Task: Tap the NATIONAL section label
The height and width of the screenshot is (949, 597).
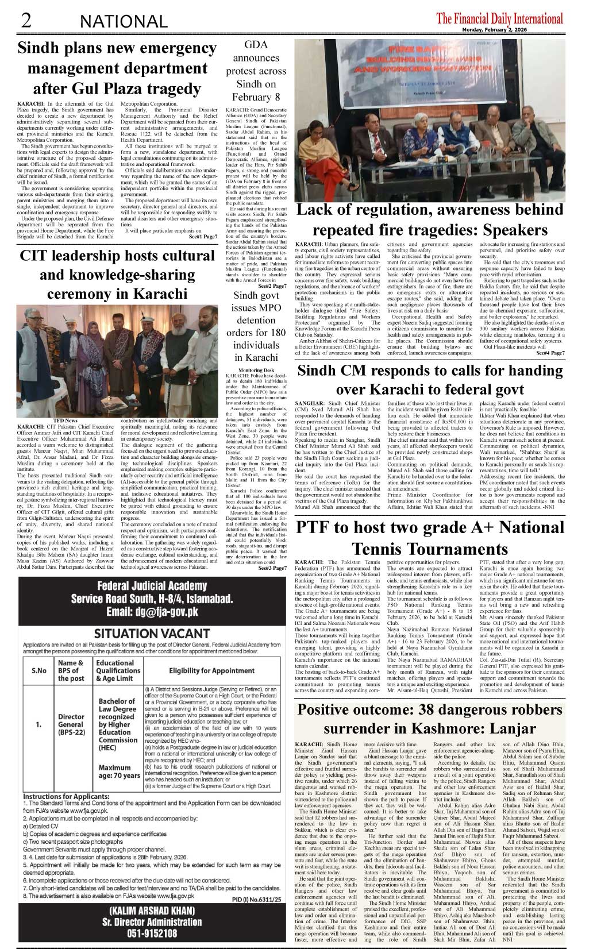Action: click(x=124, y=22)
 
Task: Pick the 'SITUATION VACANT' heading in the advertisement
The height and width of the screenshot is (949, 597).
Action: click(x=152, y=634)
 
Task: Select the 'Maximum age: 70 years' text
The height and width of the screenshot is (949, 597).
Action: click(x=119, y=771)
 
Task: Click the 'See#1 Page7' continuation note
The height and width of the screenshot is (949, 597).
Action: click(x=202, y=237)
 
